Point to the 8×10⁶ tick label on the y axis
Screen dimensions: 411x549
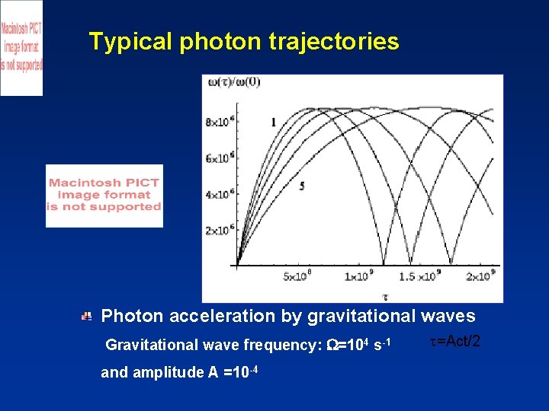pos(220,122)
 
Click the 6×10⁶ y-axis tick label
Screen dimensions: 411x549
pos(220,158)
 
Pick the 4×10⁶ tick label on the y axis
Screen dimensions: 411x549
pos(220,194)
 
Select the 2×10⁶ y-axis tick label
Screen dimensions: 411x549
pos(220,230)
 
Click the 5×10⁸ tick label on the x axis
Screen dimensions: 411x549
pos(297,276)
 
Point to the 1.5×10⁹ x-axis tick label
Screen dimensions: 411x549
pos(417,276)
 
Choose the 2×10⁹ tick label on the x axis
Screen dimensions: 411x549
pos(480,276)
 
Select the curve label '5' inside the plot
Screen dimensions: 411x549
pos(303,186)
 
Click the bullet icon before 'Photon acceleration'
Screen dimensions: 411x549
pos(88,315)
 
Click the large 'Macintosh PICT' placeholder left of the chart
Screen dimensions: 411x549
pos(104,196)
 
